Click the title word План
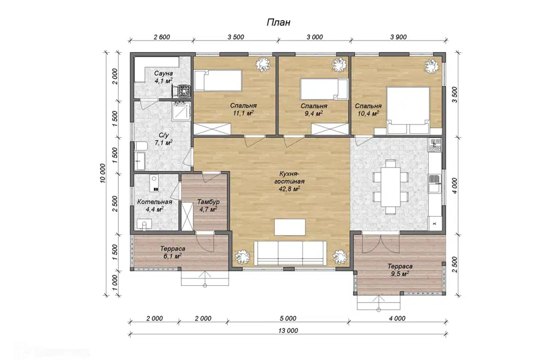coord(278,22)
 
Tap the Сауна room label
coord(163,73)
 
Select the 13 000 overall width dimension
coord(288,331)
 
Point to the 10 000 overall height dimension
coord(103,173)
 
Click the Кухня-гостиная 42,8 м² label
coord(289,181)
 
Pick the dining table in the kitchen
coord(390,187)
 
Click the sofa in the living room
coord(290,253)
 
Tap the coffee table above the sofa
coord(290,227)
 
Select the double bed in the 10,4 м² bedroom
coord(408,111)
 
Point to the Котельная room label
coord(154,202)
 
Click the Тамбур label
coord(208,202)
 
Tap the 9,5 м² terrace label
coord(400,270)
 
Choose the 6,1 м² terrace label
coord(173,252)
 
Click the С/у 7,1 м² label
coord(163,139)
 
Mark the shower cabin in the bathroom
coord(182,110)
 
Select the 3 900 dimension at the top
coord(398,37)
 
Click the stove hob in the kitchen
coord(435,145)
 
